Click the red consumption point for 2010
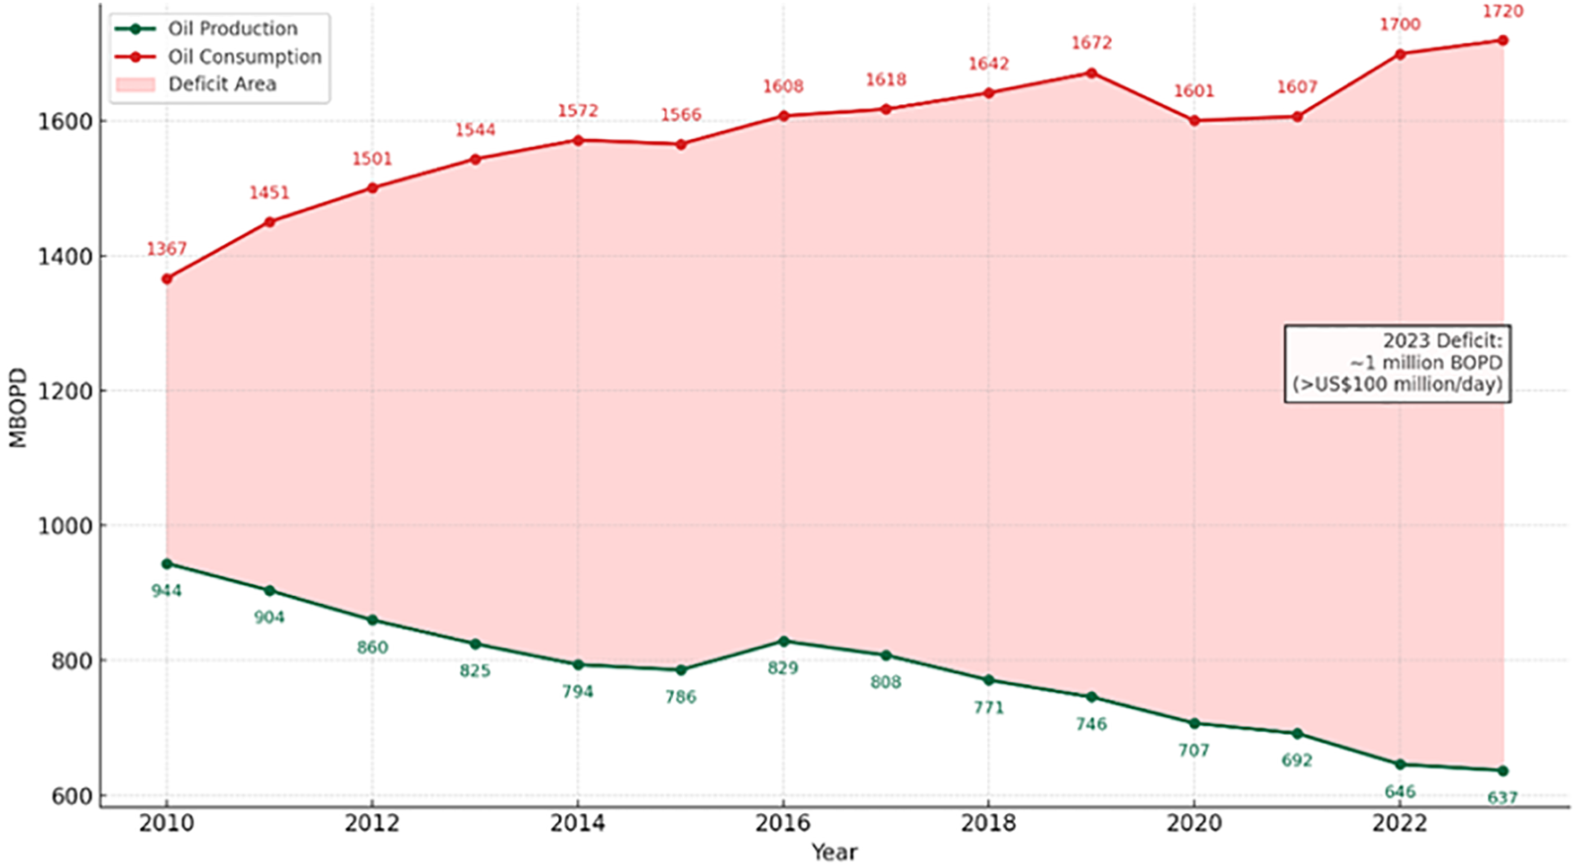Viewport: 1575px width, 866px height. (x=167, y=279)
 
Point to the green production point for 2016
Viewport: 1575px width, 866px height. (x=783, y=642)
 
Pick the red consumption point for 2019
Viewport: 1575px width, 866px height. (x=1091, y=73)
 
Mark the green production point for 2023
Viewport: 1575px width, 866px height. (x=1502, y=771)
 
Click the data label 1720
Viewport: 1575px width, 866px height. (x=1502, y=12)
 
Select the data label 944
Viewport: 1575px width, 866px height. (x=167, y=590)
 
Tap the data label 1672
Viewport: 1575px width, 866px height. (x=1091, y=43)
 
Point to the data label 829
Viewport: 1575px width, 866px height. (x=783, y=668)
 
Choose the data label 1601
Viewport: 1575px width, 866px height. (x=1194, y=91)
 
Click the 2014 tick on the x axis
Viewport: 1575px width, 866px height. (x=578, y=822)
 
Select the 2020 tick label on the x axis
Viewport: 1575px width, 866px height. (x=1194, y=822)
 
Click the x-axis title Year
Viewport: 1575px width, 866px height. (x=835, y=852)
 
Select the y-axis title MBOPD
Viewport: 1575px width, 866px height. (x=18, y=407)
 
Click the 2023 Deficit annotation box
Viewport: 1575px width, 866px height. (x=1397, y=363)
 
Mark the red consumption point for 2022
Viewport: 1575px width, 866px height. (x=1400, y=54)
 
